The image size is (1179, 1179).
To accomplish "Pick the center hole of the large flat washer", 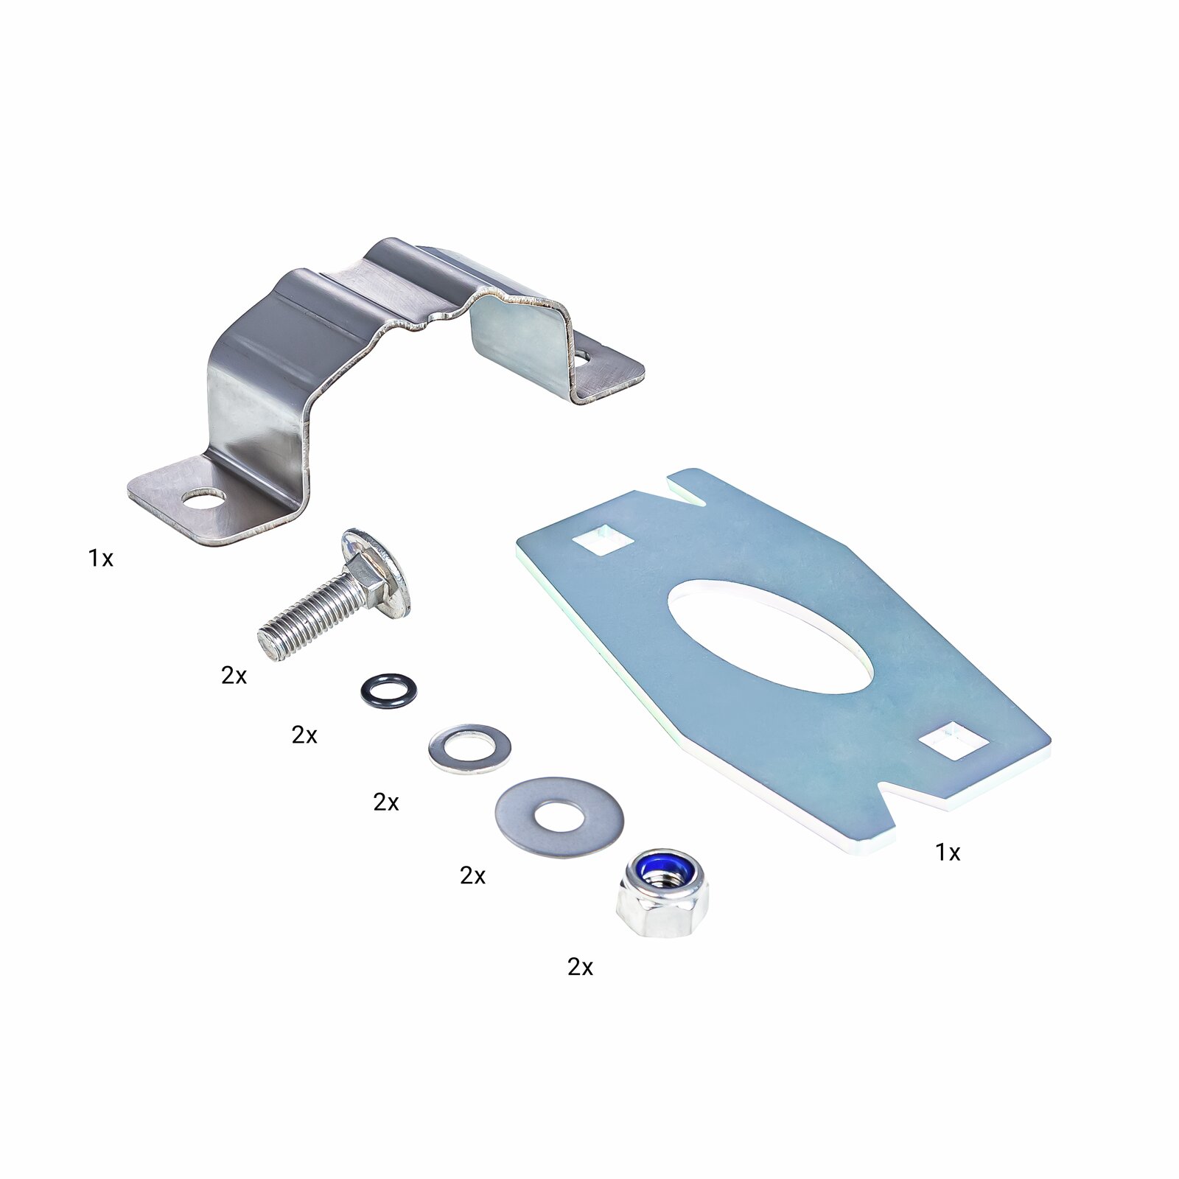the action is click(559, 816).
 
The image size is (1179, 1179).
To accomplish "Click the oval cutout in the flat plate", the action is click(770, 637).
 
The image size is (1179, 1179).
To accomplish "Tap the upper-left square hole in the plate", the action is click(603, 538).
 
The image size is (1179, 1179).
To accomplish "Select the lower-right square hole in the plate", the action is click(956, 740).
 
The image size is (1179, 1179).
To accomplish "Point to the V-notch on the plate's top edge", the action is click(686, 490).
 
